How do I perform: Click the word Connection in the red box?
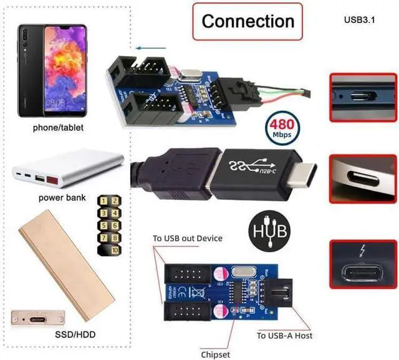pyautogui.click(x=248, y=21)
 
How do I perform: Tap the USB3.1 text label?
pyautogui.click(x=362, y=18)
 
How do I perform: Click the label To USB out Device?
pyautogui.click(x=188, y=238)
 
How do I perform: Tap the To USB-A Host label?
pyautogui.click(x=284, y=336)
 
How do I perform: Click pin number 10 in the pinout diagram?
pyautogui.click(x=115, y=249)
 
